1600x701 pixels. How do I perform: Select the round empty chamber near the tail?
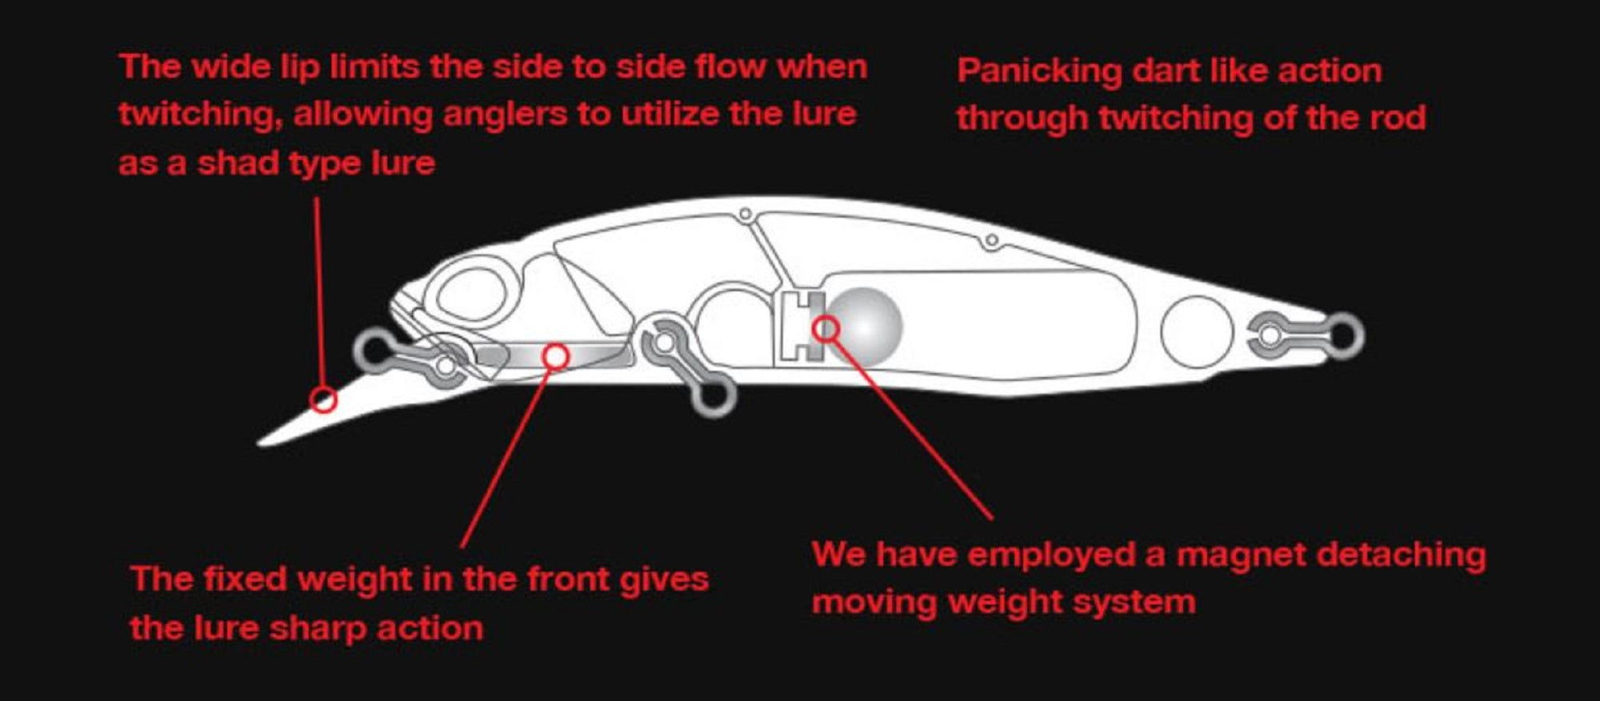click(x=1197, y=332)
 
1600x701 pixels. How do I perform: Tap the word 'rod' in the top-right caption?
click(x=1397, y=118)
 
